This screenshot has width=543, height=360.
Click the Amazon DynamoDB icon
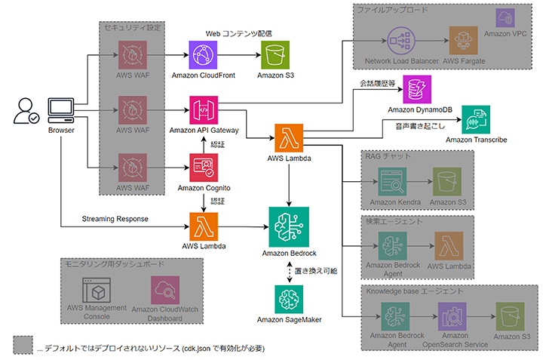417,90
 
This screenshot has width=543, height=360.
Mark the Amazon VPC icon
505,18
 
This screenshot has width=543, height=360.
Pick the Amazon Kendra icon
392,183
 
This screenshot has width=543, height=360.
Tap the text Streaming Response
113,219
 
